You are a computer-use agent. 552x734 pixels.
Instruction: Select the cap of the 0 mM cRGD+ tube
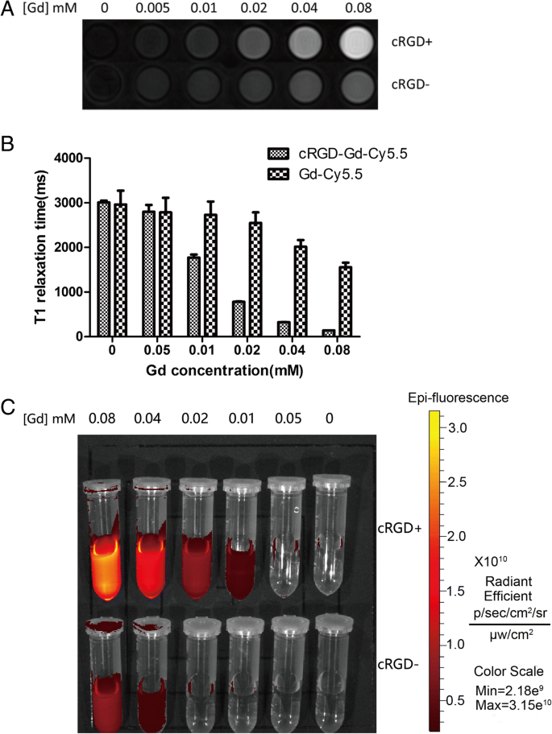[x=333, y=485]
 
